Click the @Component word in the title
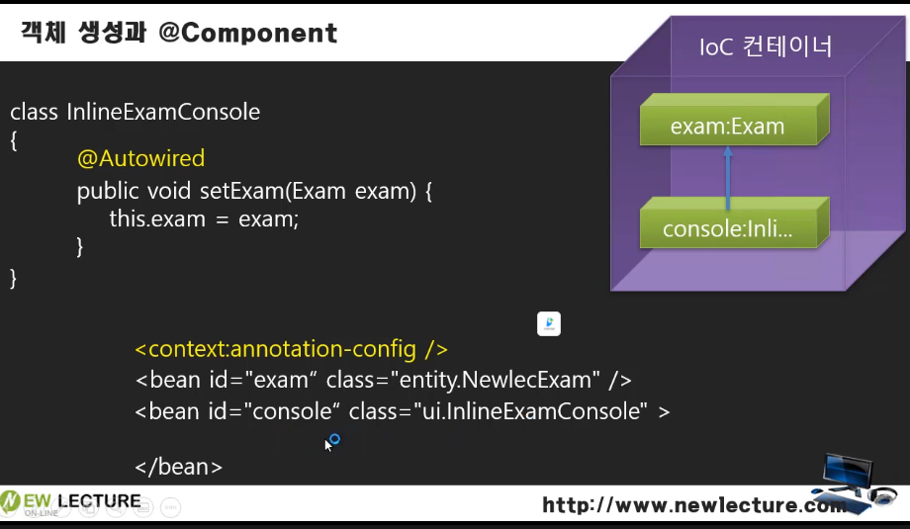pyautogui.click(x=248, y=33)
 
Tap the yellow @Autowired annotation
pyautogui.click(x=141, y=158)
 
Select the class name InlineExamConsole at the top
pyautogui.click(x=163, y=112)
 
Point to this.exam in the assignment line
pyautogui.click(x=157, y=220)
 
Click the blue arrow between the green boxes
pyautogui.click(x=728, y=178)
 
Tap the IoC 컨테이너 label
pyautogui.click(x=766, y=46)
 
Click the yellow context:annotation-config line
pyautogui.click(x=292, y=349)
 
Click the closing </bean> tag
pyautogui.click(x=178, y=467)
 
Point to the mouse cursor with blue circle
pyautogui.click(x=331, y=442)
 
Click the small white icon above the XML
pyautogui.click(x=549, y=323)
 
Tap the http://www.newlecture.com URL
pyautogui.click(x=694, y=505)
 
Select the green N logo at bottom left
pyautogui.click(x=10, y=501)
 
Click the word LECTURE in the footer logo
pyautogui.click(x=99, y=500)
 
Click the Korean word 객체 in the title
pyautogui.click(x=44, y=33)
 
